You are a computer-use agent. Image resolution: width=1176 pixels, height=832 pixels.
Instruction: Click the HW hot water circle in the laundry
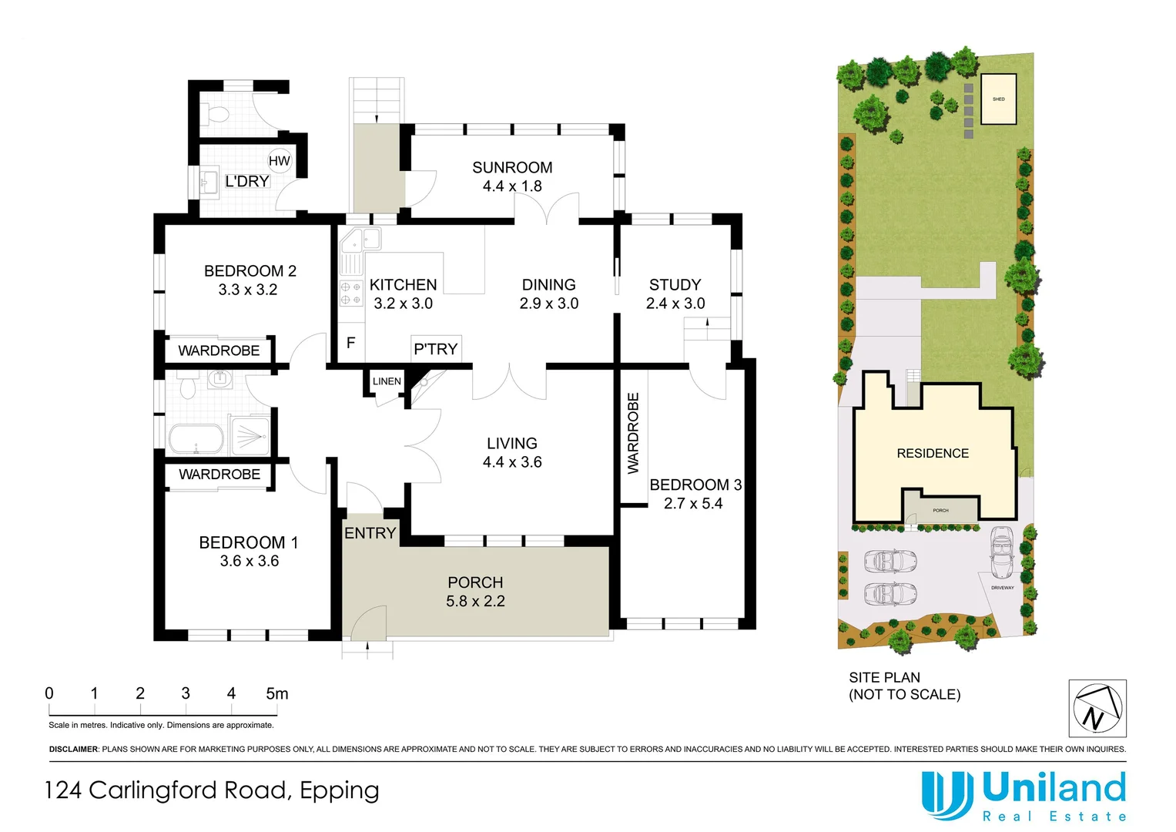(x=279, y=161)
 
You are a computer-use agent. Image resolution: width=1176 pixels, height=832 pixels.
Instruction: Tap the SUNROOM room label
(x=512, y=167)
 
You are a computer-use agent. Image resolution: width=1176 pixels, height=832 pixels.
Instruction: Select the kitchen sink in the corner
(x=360, y=240)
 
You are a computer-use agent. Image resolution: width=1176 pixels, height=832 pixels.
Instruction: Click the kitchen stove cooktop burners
(x=351, y=294)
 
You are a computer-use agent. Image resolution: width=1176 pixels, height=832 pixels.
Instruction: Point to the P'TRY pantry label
(x=436, y=349)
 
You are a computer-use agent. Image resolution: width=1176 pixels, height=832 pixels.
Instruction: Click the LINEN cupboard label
(x=387, y=381)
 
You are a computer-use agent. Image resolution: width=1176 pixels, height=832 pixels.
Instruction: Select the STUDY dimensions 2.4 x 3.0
(x=675, y=304)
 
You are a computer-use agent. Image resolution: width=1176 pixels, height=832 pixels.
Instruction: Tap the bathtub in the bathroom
(x=196, y=439)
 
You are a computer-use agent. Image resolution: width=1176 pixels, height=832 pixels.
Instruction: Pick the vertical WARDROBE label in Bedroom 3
(x=633, y=433)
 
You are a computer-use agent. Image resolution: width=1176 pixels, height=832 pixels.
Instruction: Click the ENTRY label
(x=370, y=533)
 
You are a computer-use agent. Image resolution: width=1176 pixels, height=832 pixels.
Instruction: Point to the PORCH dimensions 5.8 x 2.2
(x=475, y=602)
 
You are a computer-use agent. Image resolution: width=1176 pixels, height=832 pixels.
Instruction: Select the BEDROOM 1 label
(x=248, y=542)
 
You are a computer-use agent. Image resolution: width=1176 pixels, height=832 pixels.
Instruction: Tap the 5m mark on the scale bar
(x=277, y=693)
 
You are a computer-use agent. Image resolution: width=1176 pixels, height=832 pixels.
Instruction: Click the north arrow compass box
(x=1097, y=708)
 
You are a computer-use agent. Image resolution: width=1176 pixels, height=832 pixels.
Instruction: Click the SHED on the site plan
(x=998, y=99)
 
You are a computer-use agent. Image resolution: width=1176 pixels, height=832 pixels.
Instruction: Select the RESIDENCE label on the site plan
(x=933, y=453)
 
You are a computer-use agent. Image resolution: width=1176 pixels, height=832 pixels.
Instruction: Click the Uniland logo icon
(x=946, y=795)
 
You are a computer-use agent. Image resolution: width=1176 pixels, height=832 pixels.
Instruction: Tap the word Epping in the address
(x=340, y=791)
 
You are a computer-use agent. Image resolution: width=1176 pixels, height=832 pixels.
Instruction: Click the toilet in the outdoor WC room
(x=218, y=115)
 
